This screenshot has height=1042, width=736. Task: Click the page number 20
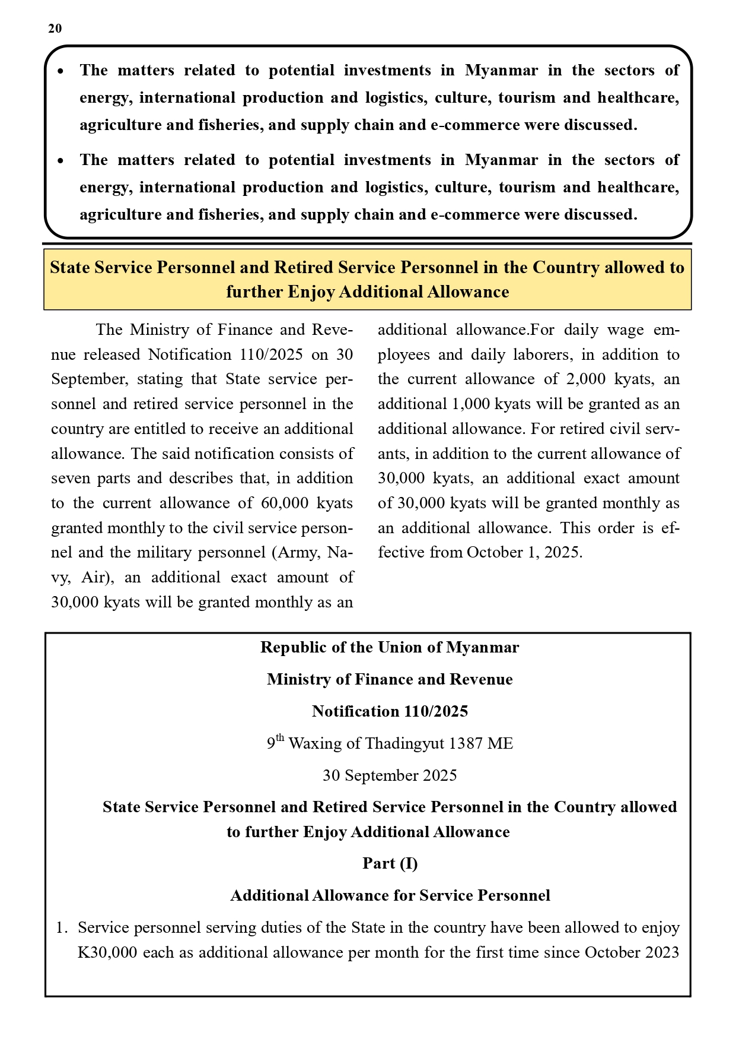[x=55, y=28]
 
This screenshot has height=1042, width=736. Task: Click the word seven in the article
[x=69, y=478]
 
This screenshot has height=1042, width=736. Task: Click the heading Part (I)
[x=390, y=863]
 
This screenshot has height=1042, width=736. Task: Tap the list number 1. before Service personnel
[x=62, y=927]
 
